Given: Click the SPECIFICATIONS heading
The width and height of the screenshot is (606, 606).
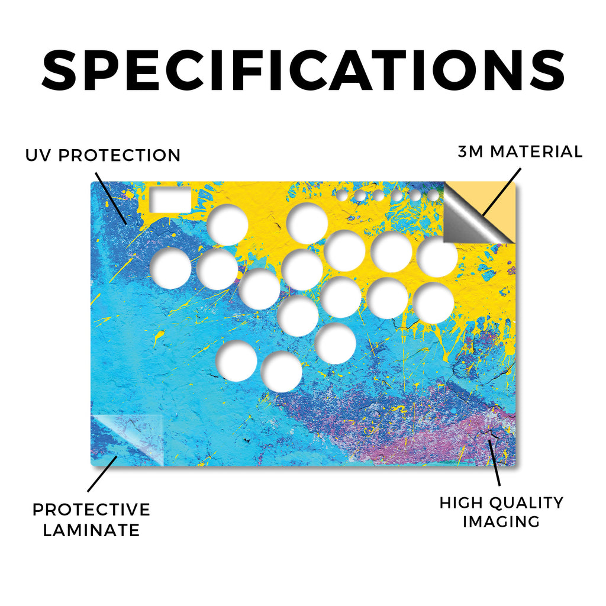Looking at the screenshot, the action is (x=303, y=70).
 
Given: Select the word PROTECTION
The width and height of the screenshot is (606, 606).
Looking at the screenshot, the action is (x=120, y=156).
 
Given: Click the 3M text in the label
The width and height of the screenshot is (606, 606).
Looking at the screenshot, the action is (x=470, y=151).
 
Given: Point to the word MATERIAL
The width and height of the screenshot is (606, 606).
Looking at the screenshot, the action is (x=536, y=151).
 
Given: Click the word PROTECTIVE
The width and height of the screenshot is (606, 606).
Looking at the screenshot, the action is (x=91, y=510).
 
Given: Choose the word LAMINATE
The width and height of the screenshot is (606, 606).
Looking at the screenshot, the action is (x=91, y=530).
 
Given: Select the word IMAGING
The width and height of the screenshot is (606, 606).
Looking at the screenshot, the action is (x=501, y=522).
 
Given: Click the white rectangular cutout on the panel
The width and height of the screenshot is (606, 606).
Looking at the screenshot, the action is (x=170, y=200).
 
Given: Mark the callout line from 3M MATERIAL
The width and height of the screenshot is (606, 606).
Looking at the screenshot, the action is (x=502, y=192).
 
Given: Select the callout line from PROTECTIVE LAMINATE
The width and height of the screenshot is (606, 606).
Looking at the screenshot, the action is (x=102, y=474).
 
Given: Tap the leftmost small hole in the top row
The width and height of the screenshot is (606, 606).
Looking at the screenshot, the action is (x=342, y=195).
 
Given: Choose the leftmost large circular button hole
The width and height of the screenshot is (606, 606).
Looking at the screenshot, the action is (x=170, y=268).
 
